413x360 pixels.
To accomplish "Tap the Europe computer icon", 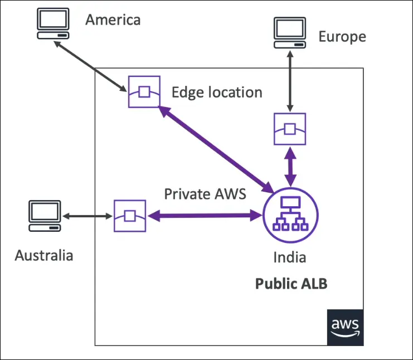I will point(290,33).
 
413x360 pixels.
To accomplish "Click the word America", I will point(113,20).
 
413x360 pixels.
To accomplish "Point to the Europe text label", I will point(342,37).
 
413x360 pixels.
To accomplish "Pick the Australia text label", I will point(44,255).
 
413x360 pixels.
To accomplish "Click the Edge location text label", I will point(217,92).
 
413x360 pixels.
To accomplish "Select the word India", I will point(289,258).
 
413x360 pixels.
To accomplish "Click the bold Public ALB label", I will point(291,284).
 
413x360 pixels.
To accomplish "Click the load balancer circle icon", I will point(290,215).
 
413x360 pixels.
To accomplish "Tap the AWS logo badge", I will point(345,328).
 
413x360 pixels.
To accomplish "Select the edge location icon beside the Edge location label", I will point(144,91).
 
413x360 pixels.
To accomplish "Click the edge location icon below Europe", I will point(290,129).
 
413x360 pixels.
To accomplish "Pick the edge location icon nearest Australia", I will point(130,216).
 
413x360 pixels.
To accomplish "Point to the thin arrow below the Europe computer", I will point(290,80).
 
